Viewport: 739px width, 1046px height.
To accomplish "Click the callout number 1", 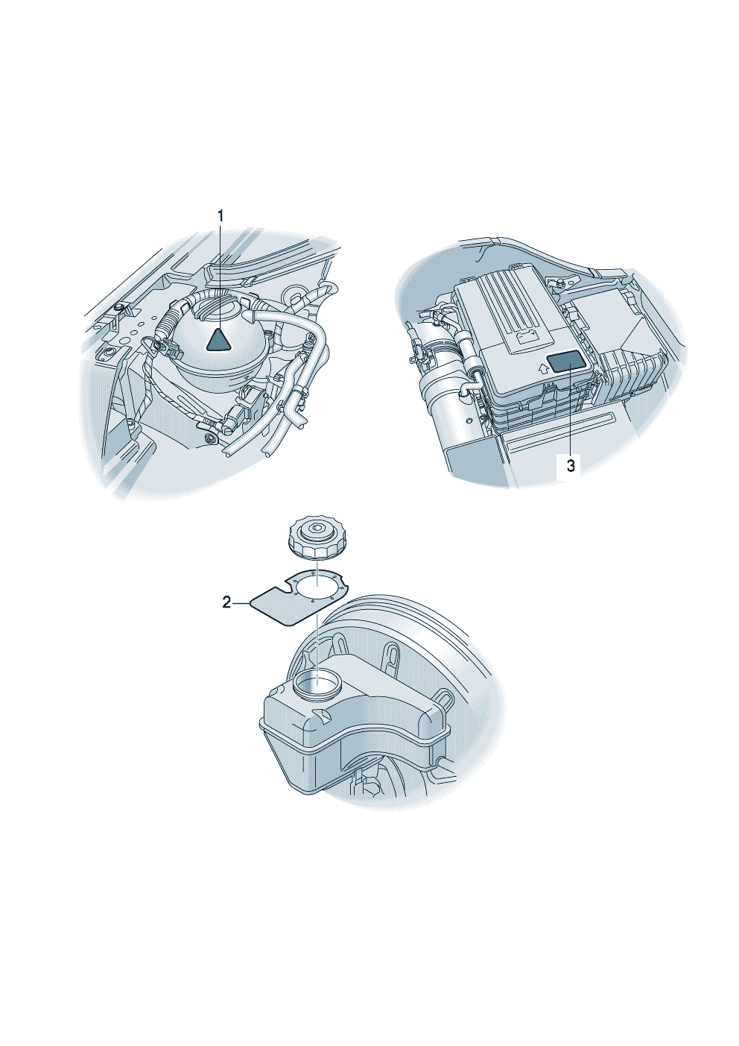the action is point(221,216).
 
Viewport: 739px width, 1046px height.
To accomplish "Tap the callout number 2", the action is point(226,603).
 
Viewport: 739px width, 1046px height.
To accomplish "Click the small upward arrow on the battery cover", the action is point(541,368).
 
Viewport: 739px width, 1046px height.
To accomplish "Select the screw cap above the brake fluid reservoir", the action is point(315,540).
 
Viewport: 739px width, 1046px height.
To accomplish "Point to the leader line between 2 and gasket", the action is point(241,603).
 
